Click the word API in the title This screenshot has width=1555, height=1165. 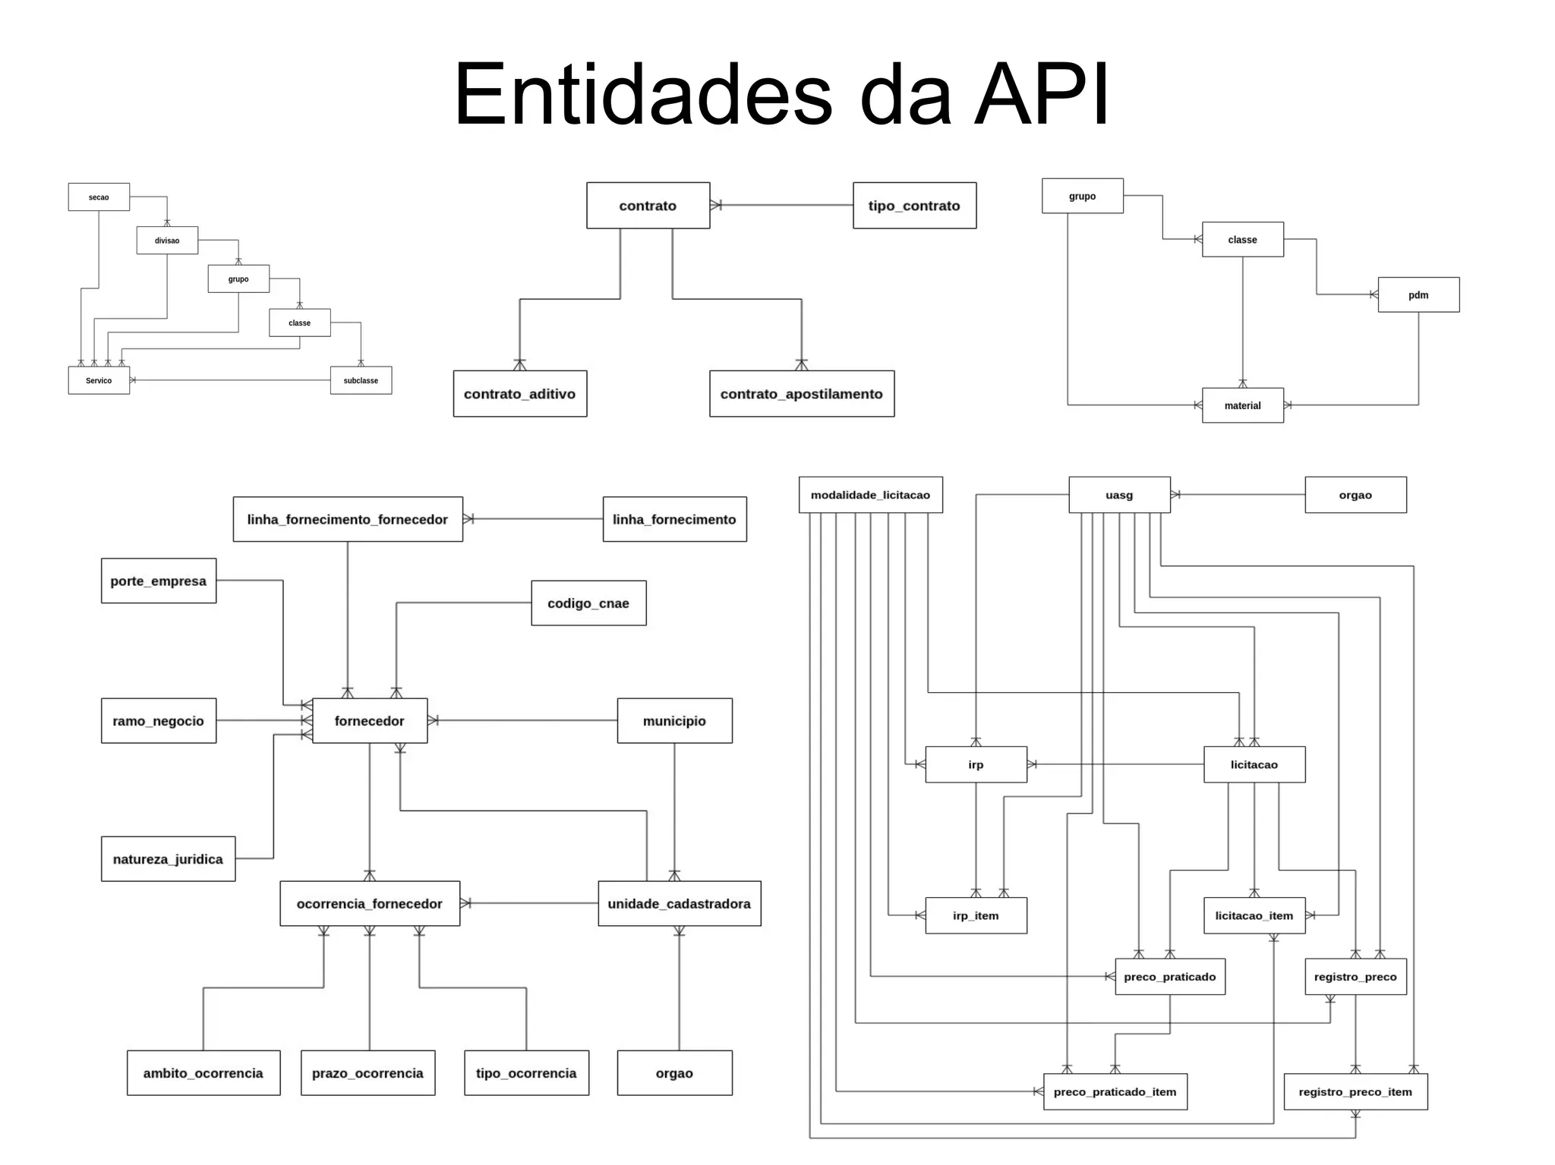pos(1042,96)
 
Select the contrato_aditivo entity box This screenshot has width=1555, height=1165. pos(519,393)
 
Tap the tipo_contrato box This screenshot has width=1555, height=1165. pos(914,205)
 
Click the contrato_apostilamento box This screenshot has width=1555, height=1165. pos(801,393)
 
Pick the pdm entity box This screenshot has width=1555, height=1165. pos(1418,294)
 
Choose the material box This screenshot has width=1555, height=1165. pos(1242,405)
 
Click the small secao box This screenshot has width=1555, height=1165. pos(99,197)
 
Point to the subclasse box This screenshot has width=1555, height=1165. pos(361,380)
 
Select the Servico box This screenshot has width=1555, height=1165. pos(99,380)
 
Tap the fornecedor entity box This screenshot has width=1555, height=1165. pos(369,720)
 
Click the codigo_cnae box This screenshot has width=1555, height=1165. pos(588,603)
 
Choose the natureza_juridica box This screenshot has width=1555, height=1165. pos(168,858)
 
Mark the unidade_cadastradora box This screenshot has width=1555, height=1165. pos(679,903)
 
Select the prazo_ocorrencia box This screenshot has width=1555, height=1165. pos(367,1072)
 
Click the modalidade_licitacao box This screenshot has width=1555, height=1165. pos(870,495)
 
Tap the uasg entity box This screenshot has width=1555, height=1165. pos(1118,495)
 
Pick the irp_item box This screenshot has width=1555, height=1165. pos(976,915)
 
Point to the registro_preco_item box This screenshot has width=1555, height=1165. pos(1355,1091)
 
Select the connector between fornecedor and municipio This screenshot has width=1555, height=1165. pos(524,720)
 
